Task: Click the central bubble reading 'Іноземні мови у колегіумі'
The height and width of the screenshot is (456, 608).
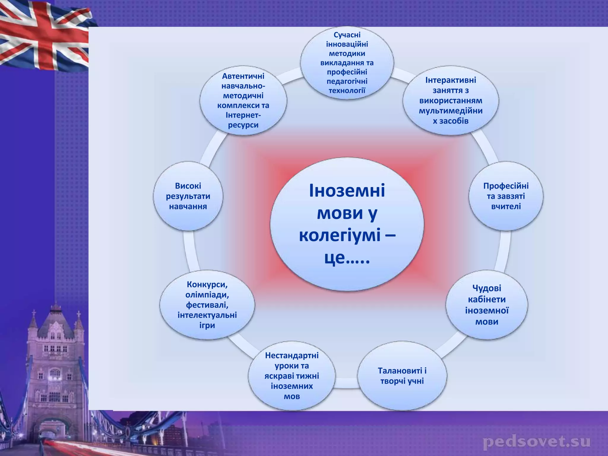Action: point(347,224)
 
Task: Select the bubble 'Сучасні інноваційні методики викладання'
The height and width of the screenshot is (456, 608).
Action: point(347,63)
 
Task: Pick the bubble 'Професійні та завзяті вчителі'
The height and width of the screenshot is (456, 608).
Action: point(506,196)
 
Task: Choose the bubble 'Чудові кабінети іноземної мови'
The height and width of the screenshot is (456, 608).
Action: point(487,305)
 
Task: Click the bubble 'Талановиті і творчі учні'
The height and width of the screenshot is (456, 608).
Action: point(402,376)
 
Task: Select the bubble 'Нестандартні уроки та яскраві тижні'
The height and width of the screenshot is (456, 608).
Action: point(292,376)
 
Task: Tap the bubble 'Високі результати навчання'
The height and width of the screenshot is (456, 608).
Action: point(188,196)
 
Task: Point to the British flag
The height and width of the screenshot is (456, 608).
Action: point(45,36)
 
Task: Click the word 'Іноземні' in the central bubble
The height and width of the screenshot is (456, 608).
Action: point(347,191)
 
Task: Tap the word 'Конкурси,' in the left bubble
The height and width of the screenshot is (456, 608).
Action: point(207,284)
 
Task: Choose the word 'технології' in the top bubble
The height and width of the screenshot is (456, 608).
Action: point(347,90)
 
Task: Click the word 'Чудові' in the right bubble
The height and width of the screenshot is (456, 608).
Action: point(487,288)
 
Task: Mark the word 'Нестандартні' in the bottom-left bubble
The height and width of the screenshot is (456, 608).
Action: point(292,355)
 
